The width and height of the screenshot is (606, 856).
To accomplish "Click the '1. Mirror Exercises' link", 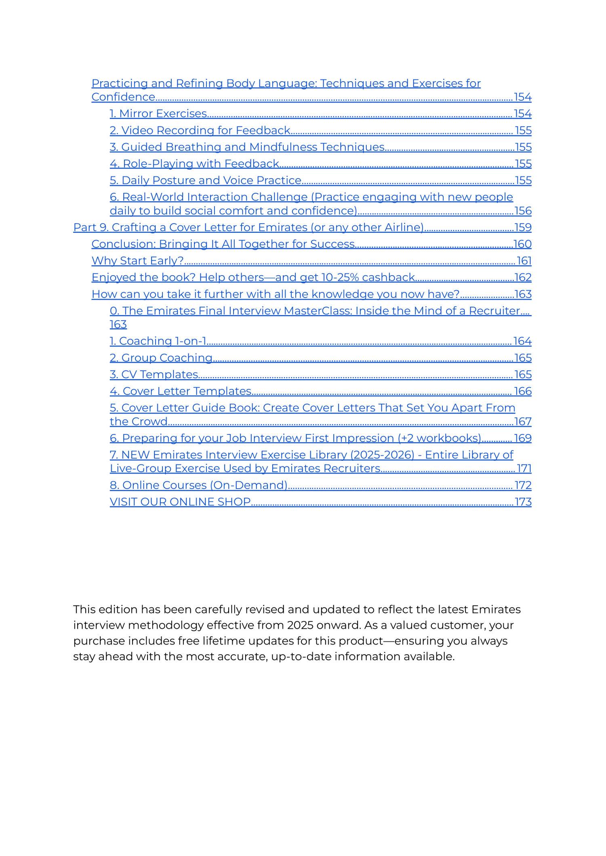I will (x=158, y=114).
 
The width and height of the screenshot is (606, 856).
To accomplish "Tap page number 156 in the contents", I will (x=523, y=211).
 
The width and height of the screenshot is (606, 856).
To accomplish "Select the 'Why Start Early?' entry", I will (x=138, y=261).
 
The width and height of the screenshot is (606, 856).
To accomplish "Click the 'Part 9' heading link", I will (x=248, y=227).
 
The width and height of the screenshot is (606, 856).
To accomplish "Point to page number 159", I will (x=523, y=227).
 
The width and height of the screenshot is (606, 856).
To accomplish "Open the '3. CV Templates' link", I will (x=154, y=374).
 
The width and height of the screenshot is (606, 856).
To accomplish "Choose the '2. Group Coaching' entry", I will (x=161, y=358).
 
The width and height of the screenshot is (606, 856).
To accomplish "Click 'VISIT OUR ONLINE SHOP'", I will (x=180, y=502).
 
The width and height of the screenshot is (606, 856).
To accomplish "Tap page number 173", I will (x=523, y=502).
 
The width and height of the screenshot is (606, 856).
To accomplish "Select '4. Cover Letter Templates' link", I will (x=181, y=391).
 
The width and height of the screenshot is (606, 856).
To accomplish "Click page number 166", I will (x=523, y=391).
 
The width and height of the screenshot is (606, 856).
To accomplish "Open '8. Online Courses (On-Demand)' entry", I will (x=198, y=485).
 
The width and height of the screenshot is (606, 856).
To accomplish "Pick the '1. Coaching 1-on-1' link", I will (x=158, y=341).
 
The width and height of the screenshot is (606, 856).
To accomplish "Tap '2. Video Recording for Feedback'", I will (x=200, y=130).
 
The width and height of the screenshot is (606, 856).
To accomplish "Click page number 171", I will (x=524, y=468).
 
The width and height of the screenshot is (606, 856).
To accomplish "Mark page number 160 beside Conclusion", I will (x=522, y=244).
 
